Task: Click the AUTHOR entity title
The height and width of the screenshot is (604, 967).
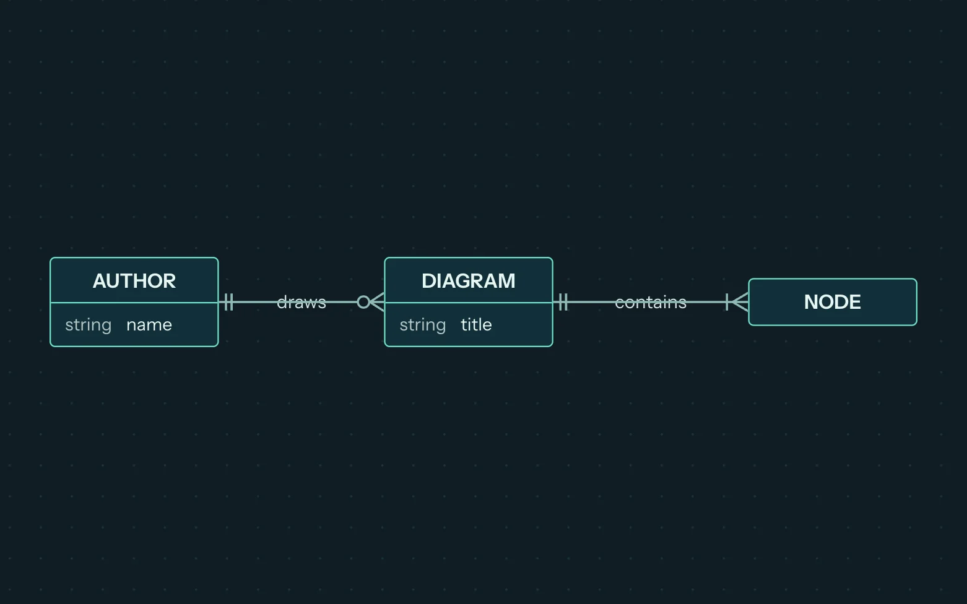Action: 134,281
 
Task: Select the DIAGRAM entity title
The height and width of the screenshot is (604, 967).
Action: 469,281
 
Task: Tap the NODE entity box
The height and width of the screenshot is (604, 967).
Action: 832,302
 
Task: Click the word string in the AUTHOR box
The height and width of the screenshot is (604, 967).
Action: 88,325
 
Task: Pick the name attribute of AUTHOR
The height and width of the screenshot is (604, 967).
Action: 149,325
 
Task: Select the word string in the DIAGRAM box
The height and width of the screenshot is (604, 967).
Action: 423,325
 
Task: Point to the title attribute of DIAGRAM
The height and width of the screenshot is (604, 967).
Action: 476,324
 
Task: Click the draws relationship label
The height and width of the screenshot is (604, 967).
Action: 301,302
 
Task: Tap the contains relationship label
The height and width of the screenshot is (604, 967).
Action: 651,302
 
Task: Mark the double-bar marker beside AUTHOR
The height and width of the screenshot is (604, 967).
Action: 229,302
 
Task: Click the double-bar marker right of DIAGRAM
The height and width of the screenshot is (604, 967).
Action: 563,302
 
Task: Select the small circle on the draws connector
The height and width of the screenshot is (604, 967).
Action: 363,302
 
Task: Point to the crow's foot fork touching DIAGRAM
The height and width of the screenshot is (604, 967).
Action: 377,302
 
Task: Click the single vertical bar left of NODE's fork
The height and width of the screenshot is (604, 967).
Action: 727,302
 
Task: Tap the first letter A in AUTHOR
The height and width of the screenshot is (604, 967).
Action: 100,281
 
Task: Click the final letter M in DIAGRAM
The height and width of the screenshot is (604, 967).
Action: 507,281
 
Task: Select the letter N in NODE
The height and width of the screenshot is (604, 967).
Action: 811,302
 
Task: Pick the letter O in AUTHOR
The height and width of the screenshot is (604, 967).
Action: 155,281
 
